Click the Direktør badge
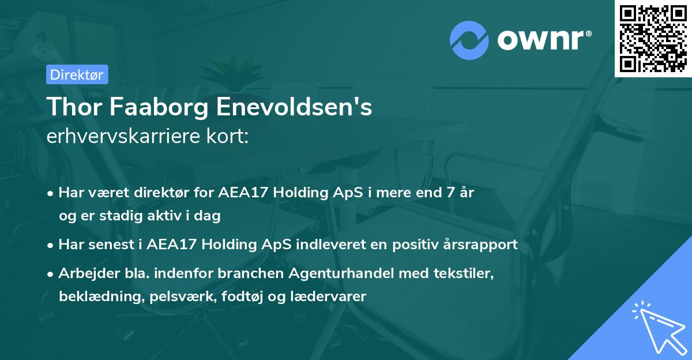click(x=77, y=74)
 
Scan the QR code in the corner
click(x=653, y=38)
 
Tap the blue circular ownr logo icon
click(x=469, y=40)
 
